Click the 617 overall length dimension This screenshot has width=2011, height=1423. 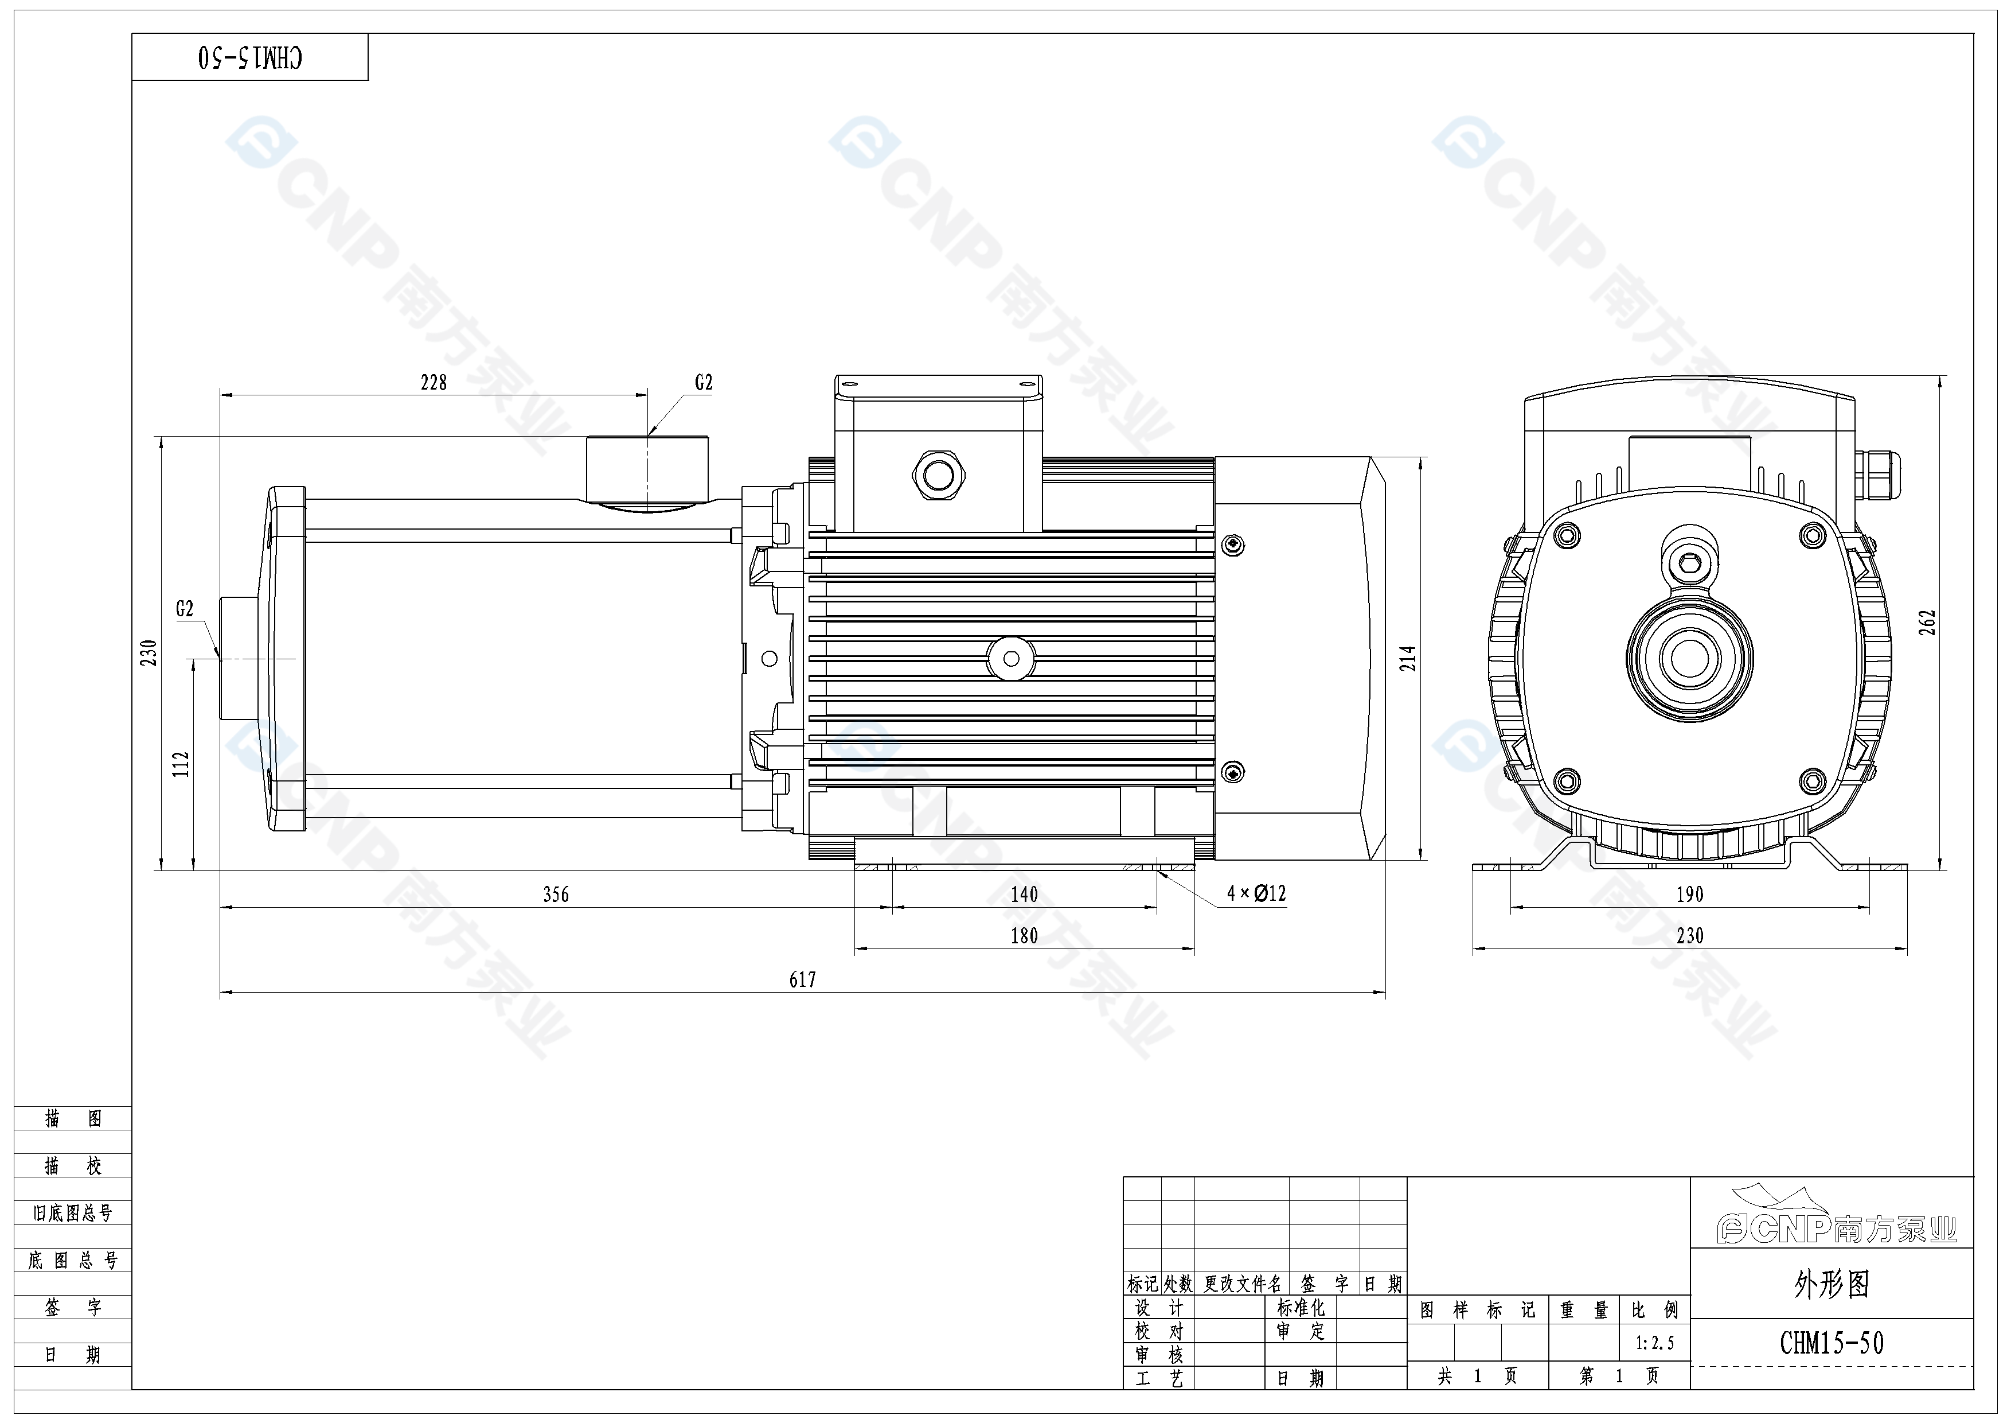pyautogui.click(x=802, y=979)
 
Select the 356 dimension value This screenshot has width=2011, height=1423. pyautogui.click(x=555, y=895)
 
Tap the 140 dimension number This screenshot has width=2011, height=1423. pyautogui.click(x=1024, y=895)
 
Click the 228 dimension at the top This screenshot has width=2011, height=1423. pyautogui.click(x=434, y=382)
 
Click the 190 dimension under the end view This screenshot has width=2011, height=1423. pyautogui.click(x=1689, y=895)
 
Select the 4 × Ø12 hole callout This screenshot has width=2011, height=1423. pyautogui.click(x=1256, y=893)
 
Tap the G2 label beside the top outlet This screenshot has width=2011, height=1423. pyautogui.click(x=704, y=382)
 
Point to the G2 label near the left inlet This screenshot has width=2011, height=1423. pyautogui.click(x=185, y=608)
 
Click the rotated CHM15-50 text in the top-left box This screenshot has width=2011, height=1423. pyautogui.click(x=251, y=58)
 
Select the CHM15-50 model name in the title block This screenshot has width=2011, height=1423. pyautogui.click(x=1832, y=1343)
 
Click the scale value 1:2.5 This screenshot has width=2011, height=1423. pyautogui.click(x=1654, y=1343)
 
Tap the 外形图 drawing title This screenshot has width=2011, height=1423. pyautogui.click(x=1832, y=1285)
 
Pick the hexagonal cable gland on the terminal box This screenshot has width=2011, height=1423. pyautogui.click(x=938, y=476)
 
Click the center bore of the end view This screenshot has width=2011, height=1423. pyautogui.click(x=1689, y=658)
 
